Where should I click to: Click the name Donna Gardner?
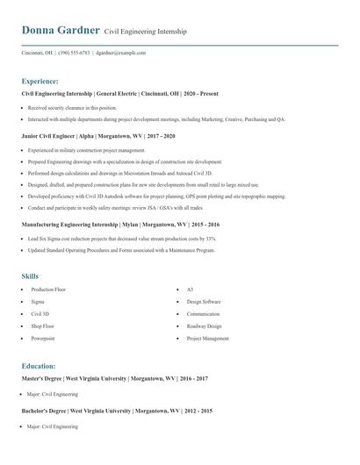[60, 31]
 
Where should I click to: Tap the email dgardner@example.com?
[120, 53]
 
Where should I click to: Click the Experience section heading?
[40, 81]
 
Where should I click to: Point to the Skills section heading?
[30, 276]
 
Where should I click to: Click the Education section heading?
[40, 366]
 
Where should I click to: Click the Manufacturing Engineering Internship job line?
[120, 225]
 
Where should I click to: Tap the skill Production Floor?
[48, 289]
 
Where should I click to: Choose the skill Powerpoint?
[43, 338]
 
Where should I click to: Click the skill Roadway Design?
[204, 325]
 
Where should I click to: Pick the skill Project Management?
[207, 338]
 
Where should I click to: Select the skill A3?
[190, 289]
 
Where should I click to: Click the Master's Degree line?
[115, 378]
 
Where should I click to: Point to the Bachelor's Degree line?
[117, 411]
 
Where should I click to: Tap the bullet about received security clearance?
[72, 107]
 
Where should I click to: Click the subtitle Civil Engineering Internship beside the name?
[146, 32]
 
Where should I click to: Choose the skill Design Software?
[204, 301]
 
